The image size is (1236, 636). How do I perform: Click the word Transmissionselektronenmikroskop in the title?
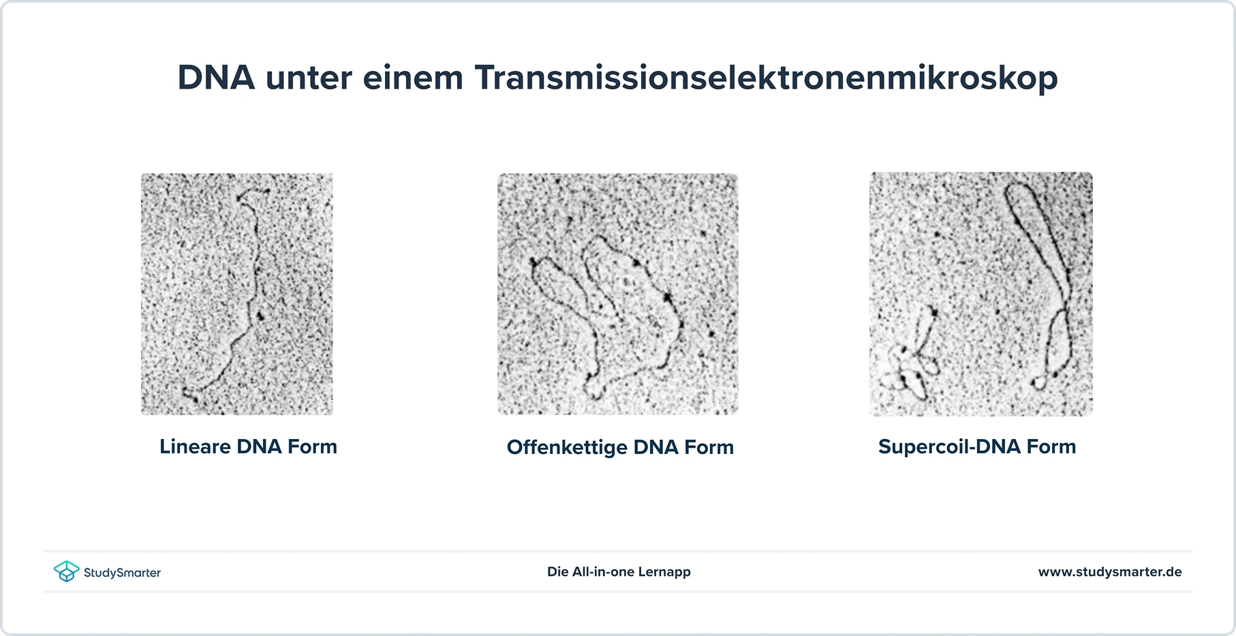tap(766, 77)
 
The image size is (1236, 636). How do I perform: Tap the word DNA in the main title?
tap(216, 77)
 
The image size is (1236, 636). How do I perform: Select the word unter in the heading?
tap(309, 78)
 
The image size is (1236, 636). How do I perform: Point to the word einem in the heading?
tap(413, 78)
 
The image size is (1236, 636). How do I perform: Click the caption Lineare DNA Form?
tap(248, 446)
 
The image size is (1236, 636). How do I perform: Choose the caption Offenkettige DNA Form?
tap(620, 447)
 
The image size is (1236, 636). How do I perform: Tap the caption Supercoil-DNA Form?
tap(977, 446)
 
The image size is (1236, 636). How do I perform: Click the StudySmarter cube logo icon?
tap(66, 571)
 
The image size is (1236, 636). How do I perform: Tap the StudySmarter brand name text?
tap(122, 573)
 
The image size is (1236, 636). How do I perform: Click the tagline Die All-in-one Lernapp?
tap(619, 572)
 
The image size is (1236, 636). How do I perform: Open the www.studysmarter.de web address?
tap(1110, 572)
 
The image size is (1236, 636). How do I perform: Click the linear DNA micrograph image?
tap(237, 294)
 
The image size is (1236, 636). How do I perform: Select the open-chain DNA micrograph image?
tap(618, 294)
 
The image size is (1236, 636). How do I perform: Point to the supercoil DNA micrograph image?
tap(981, 294)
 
